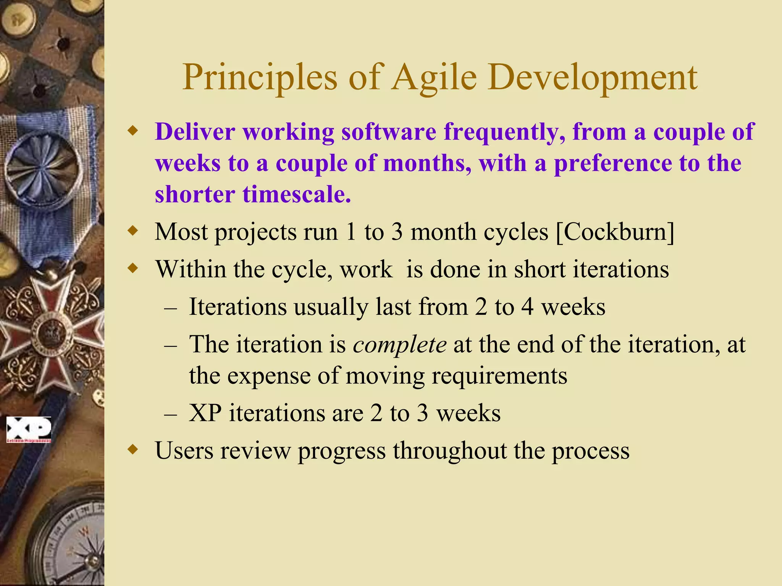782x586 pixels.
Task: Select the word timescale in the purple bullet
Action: coord(296,195)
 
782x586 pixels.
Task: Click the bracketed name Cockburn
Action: coord(615,232)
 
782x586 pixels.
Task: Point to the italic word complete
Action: coord(399,345)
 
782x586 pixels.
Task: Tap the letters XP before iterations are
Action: coord(205,414)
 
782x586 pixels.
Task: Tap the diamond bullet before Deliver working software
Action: coord(132,132)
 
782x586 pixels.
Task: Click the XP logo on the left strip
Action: coord(29,429)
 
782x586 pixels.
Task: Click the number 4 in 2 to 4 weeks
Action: coord(527,307)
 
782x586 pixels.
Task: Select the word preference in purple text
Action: coord(613,164)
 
